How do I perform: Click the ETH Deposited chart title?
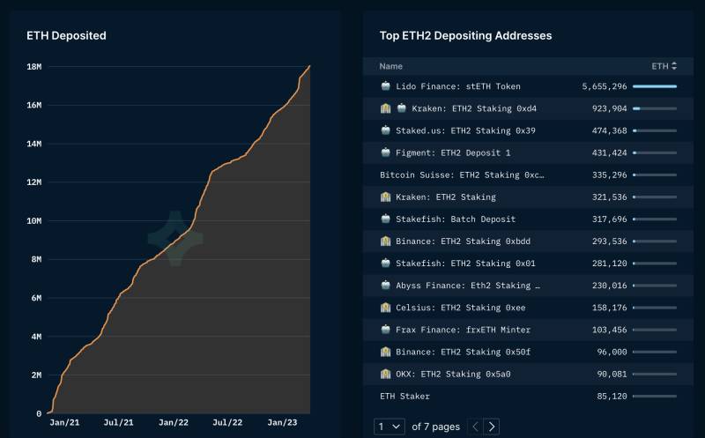click(x=66, y=36)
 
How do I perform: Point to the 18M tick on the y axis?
click(x=34, y=67)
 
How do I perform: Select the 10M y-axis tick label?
click(x=34, y=221)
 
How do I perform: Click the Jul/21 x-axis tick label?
click(x=119, y=423)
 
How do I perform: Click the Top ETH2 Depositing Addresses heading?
click(x=465, y=36)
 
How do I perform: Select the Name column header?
click(x=390, y=66)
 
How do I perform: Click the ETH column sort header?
click(x=664, y=66)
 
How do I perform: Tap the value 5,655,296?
click(x=604, y=86)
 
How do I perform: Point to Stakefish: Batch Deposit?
click(x=455, y=219)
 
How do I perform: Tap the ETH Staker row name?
click(x=404, y=396)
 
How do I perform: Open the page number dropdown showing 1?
click(x=390, y=427)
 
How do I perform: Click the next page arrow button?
click(x=492, y=427)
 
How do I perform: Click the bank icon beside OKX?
click(x=385, y=374)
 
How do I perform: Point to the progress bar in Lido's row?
click(x=654, y=86)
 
